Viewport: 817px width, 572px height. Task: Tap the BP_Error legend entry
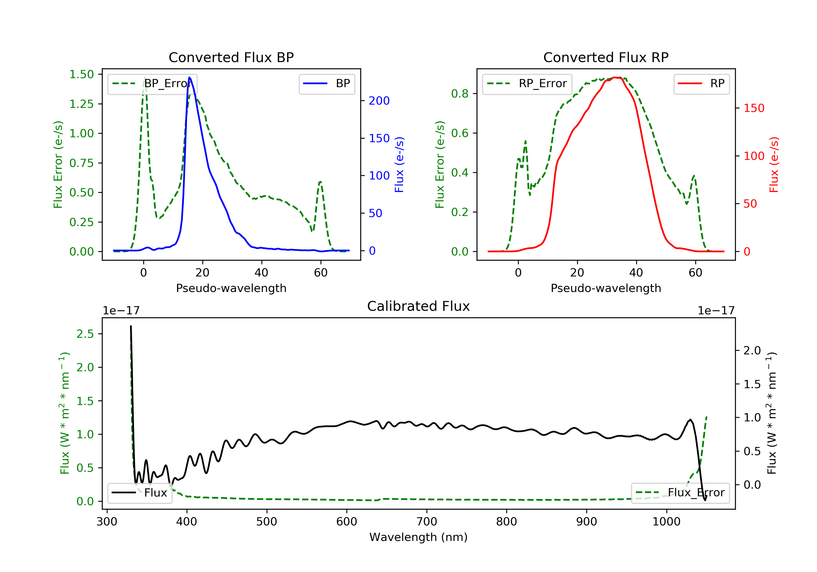click(x=152, y=84)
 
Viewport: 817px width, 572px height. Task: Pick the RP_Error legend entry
click(x=527, y=84)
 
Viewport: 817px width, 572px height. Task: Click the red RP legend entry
click(x=701, y=84)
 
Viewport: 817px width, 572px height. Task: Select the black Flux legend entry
click(x=140, y=493)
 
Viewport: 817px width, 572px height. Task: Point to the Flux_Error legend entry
click(x=680, y=493)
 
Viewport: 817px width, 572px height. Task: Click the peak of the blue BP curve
click(x=189, y=77)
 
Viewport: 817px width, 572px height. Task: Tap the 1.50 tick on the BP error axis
click(x=81, y=74)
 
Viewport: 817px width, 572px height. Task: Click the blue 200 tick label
click(x=379, y=101)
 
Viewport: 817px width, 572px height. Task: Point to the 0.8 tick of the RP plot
click(x=459, y=94)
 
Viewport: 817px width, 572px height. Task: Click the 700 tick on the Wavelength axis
click(x=426, y=522)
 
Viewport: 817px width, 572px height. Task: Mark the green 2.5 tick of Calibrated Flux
click(x=85, y=334)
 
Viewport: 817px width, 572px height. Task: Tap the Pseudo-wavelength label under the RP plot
click(x=606, y=288)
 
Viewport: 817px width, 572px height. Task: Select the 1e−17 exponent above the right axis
click(x=716, y=311)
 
